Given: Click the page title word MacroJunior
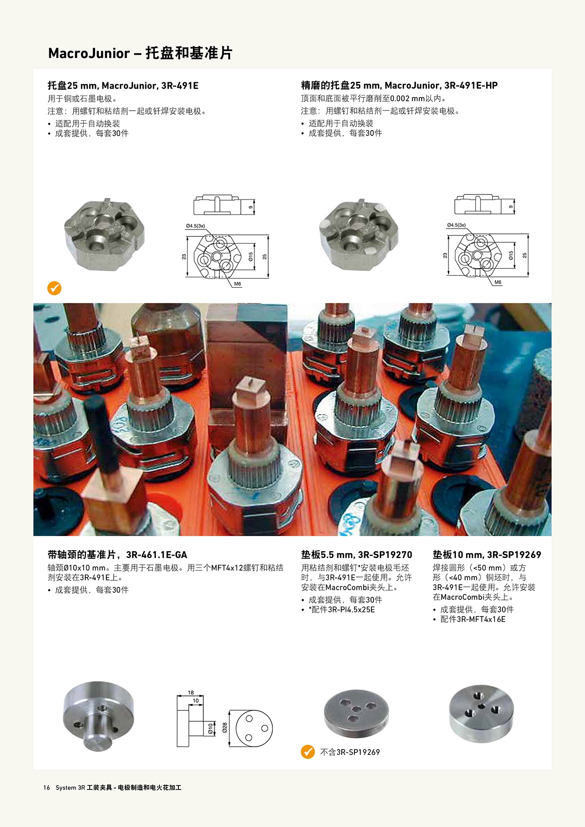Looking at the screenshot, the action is tap(89, 53).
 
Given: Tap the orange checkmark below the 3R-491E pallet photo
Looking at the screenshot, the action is tap(54, 288).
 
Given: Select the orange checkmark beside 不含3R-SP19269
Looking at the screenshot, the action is tap(308, 751).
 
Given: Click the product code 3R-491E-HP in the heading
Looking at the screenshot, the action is tap(471, 86).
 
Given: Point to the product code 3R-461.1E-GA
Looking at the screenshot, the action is tap(156, 555).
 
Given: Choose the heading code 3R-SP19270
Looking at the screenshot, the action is tap(385, 555).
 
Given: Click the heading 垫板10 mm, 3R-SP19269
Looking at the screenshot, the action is tap(487, 555).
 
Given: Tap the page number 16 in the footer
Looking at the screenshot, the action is tap(46, 788).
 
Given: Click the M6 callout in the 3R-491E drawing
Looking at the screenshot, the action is tap(237, 284).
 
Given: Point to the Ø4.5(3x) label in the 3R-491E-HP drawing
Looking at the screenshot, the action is tap(456, 225).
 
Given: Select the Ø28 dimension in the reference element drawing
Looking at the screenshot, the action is tap(225, 728).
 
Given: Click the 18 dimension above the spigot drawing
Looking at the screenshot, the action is tap(191, 692).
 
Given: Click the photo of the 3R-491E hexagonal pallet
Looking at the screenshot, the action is tap(104, 234).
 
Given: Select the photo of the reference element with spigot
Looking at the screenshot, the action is tap(98, 716).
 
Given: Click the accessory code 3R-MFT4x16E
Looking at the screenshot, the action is tap(481, 619).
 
